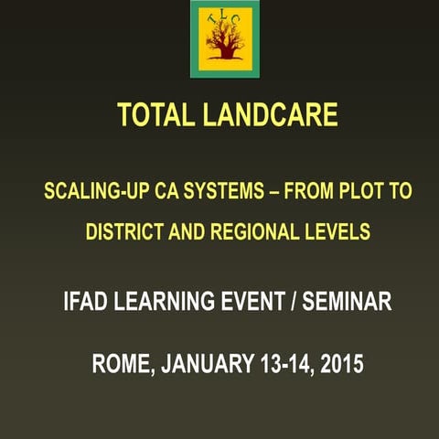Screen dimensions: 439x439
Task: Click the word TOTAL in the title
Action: (153, 115)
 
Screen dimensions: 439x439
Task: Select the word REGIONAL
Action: (252, 232)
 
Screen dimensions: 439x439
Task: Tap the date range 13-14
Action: (283, 362)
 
